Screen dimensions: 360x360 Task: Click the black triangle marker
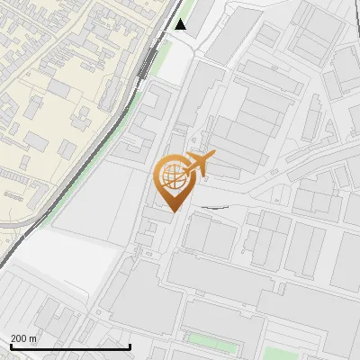click(x=181, y=24)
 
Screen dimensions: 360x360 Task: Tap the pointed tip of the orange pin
click(x=175, y=211)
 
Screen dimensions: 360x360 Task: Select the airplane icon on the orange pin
click(x=198, y=164)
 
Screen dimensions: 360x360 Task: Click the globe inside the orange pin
click(x=173, y=178)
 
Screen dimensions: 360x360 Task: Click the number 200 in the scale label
click(x=18, y=339)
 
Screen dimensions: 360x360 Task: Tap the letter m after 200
click(x=32, y=339)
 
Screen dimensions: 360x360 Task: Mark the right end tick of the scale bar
click(x=130, y=346)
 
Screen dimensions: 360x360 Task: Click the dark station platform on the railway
click(x=146, y=65)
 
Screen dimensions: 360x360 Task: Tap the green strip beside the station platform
click(x=160, y=61)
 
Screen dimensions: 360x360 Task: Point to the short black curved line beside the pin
click(x=214, y=207)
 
